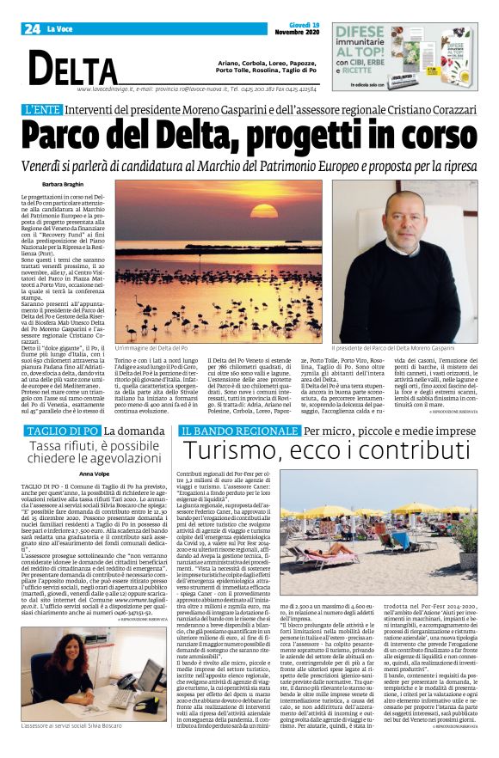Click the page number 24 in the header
[32, 28]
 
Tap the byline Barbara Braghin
[64, 184]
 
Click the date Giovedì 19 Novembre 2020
[292, 28]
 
